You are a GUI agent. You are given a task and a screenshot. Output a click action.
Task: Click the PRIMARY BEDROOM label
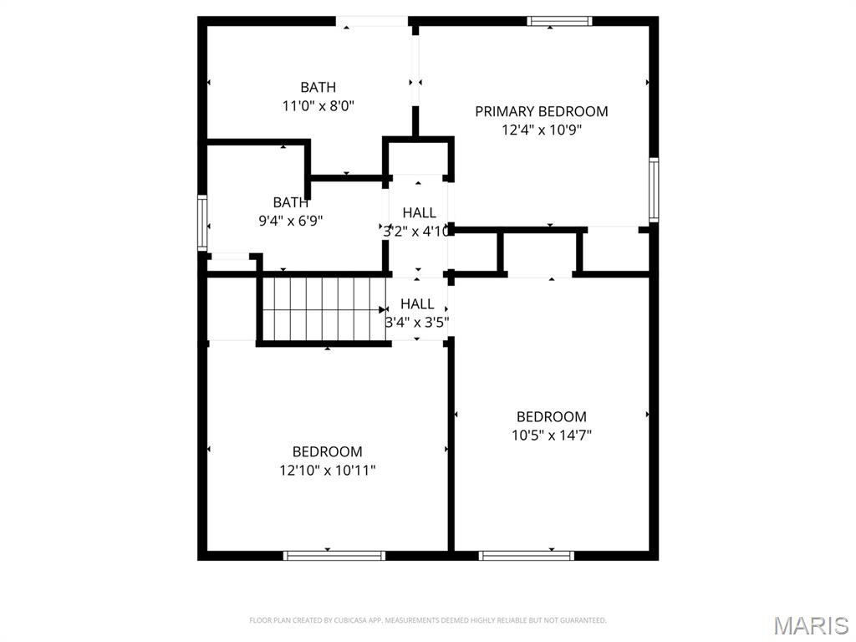[x=541, y=111]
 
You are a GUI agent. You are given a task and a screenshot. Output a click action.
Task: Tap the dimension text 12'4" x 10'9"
[x=541, y=130]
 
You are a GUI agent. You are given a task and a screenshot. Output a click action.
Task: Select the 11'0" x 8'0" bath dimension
[x=318, y=105]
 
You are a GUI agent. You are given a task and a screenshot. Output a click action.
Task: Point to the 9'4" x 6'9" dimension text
[x=290, y=221]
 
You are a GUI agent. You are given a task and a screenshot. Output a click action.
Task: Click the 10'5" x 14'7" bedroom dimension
[x=551, y=435]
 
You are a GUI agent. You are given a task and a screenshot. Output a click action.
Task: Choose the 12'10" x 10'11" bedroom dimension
[x=327, y=470]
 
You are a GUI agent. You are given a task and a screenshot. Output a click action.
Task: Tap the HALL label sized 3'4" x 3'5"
[x=417, y=304]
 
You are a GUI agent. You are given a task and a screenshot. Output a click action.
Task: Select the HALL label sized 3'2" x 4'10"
[x=419, y=213]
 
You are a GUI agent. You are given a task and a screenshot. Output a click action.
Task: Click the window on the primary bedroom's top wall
[x=560, y=21]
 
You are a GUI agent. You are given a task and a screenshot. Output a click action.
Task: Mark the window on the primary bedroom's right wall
[x=654, y=190]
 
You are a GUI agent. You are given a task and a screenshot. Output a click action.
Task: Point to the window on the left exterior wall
[x=201, y=222]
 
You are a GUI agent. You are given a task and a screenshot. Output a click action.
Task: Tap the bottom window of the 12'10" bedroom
[x=334, y=555]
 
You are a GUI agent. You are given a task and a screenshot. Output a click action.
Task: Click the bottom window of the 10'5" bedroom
[x=527, y=555]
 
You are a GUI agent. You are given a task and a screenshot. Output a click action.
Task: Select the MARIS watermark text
[x=811, y=624]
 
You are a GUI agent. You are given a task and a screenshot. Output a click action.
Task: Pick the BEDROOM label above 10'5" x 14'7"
[x=551, y=416]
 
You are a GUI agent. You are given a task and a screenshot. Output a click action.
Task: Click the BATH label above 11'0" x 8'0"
[x=318, y=87]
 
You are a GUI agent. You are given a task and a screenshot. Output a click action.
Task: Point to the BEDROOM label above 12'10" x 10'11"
[x=327, y=451]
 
